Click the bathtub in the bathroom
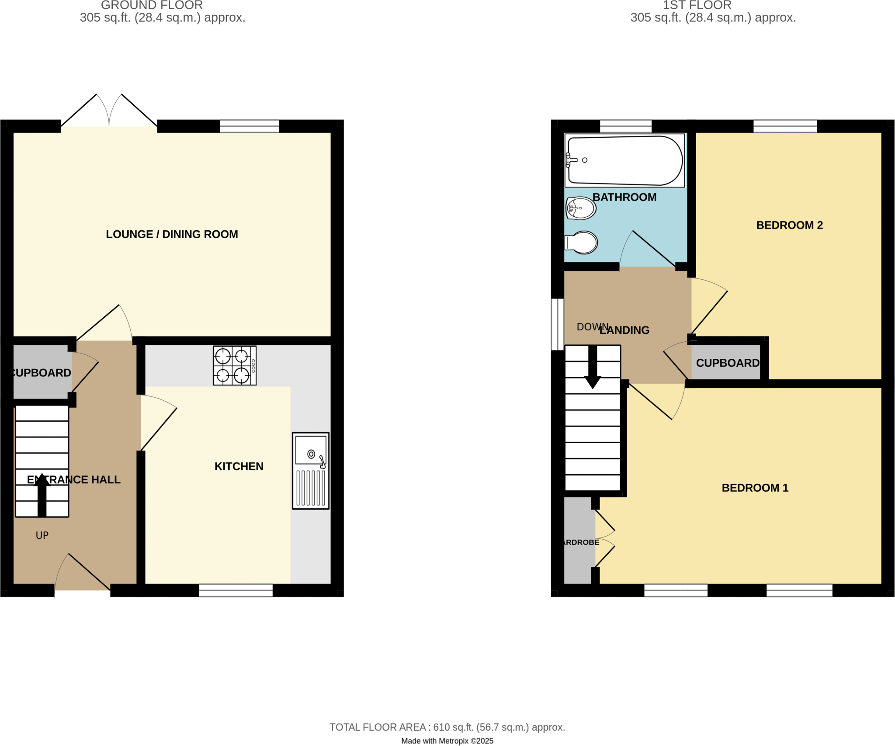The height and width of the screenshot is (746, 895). click(625, 160)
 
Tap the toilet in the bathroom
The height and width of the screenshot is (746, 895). click(582, 242)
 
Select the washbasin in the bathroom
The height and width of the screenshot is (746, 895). click(581, 208)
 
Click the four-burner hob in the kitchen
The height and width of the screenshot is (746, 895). click(234, 365)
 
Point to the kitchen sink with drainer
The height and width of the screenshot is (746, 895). click(310, 471)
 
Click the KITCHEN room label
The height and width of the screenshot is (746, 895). click(239, 466)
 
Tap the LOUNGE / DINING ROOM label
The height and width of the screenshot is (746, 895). click(172, 234)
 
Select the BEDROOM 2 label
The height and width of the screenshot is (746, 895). click(789, 225)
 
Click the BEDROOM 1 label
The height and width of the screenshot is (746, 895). click(755, 488)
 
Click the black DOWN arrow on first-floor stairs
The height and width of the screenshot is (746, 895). click(593, 367)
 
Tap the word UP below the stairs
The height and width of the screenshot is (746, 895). click(42, 535)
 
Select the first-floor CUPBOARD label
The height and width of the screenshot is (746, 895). click(727, 363)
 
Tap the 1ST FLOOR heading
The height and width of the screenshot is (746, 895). click(697, 5)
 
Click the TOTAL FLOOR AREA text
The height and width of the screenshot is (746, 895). click(447, 727)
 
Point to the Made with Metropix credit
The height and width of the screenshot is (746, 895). click(447, 741)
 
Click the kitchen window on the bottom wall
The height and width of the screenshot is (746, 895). click(236, 590)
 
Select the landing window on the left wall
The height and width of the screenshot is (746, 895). click(557, 324)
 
